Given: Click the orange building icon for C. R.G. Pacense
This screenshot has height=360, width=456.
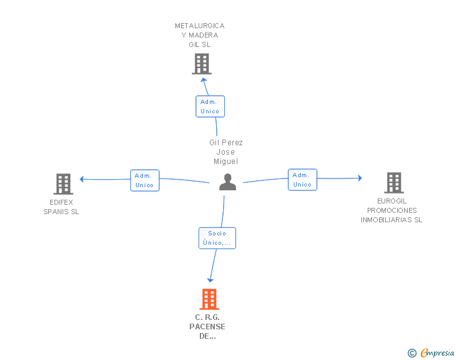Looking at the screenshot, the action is pyautogui.click(x=209, y=299).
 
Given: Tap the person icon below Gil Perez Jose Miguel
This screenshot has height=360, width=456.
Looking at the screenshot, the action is pyautogui.click(x=228, y=182).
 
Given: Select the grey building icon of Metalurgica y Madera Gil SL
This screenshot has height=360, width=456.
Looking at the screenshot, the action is pyautogui.click(x=202, y=64).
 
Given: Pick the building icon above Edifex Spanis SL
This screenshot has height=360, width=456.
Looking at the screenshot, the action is pyautogui.click(x=63, y=184).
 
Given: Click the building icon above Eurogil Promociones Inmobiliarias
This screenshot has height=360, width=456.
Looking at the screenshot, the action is pyautogui.click(x=394, y=183).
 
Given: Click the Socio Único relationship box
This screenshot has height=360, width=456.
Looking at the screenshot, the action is pyautogui.click(x=217, y=238).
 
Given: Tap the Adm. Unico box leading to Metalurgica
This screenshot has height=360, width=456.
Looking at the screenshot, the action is pyautogui.click(x=210, y=106).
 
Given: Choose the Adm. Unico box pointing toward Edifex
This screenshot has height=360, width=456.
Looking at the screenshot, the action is pyautogui.click(x=145, y=180).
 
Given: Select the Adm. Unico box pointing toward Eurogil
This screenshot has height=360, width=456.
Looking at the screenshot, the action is pyautogui.click(x=303, y=180).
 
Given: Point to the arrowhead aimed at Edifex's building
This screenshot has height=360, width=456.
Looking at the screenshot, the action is pyautogui.click(x=81, y=179).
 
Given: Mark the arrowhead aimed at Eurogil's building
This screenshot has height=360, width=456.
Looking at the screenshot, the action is pyautogui.click(x=360, y=178).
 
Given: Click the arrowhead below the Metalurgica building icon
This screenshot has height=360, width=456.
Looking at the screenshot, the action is pyautogui.click(x=204, y=80).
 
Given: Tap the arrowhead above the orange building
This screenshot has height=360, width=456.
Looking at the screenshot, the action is pyautogui.click(x=210, y=280).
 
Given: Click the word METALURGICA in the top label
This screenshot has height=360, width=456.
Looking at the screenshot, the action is pyautogui.click(x=199, y=26).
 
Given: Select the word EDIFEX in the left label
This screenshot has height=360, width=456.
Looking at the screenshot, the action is pyautogui.click(x=61, y=202).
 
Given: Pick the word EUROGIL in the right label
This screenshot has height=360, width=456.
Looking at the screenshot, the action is pyautogui.click(x=391, y=201).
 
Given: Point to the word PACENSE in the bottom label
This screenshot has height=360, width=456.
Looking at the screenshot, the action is pyautogui.click(x=207, y=327).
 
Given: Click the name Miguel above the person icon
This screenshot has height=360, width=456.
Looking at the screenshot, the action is pyautogui.click(x=226, y=162).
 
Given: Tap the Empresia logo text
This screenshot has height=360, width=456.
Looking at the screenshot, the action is pyautogui.click(x=437, y=352).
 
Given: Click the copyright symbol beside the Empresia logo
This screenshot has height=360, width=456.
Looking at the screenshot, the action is pyautogui.click(x=412, y=353).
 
